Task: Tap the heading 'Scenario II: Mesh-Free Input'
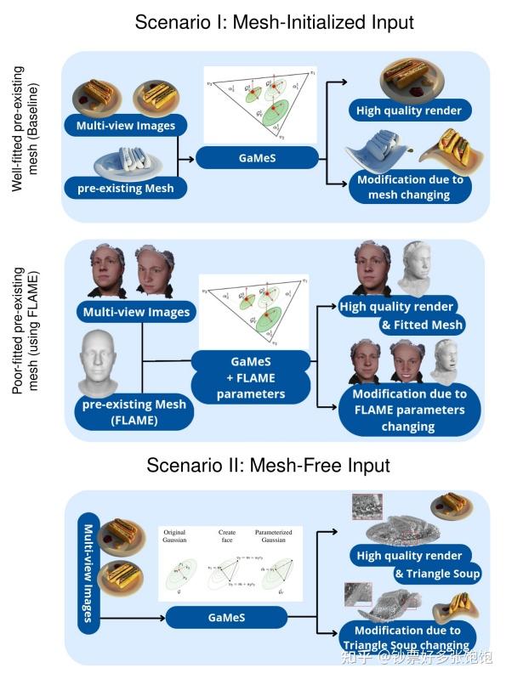268,466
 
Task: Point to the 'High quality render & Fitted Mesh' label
400,314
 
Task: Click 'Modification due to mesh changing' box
410,187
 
